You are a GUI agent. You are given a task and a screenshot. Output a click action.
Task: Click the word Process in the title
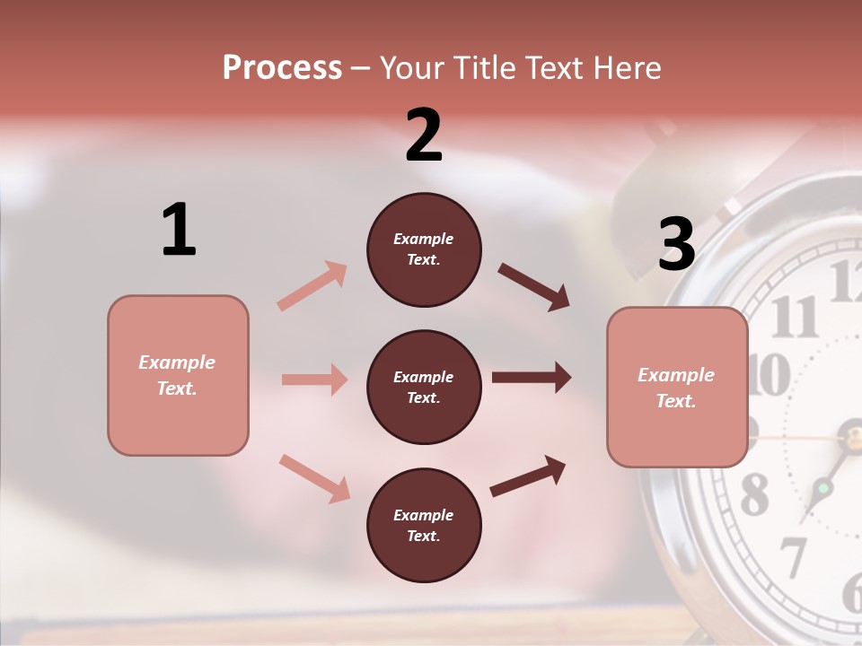(x=282, y=67)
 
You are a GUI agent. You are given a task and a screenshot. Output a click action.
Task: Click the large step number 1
(x=179, y=230)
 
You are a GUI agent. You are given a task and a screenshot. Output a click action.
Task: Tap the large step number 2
(x=424, y=135)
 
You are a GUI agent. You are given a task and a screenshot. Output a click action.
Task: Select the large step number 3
(x=676, y=244)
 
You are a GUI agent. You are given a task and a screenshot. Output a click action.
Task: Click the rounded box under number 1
(x=178, y=375)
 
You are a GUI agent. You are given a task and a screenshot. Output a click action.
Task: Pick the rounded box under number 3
(x=677, y=388)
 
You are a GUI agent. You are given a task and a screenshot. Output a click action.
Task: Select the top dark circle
(x=424, y=249)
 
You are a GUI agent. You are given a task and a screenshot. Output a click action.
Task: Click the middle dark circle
(x=424, y=388)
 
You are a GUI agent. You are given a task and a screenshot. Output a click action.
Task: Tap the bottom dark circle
(x=424, y=526)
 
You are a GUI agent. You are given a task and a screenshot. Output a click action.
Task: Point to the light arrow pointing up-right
(x=312, y=286)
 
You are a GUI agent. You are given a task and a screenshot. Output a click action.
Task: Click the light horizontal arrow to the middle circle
(x=314, y=380)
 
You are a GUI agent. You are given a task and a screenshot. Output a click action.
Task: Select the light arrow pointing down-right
(x=314, y=478)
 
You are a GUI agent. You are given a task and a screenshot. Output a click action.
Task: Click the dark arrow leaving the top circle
(x=534, y=287)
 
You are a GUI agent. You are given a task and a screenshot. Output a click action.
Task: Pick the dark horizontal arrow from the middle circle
(x=532, y=378)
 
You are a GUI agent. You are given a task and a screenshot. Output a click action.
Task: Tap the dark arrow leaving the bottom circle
(x=528, y=476)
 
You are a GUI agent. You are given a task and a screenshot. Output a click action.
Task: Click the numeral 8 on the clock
(x=754, y=493)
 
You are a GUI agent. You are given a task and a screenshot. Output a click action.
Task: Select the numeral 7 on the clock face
(x=792, y=557)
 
